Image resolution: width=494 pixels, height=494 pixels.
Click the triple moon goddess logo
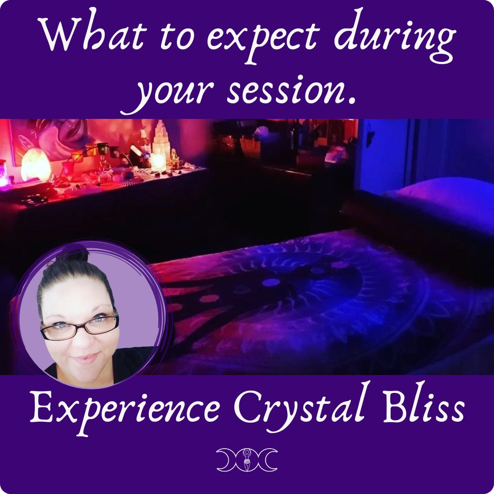(x=247, y=457)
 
